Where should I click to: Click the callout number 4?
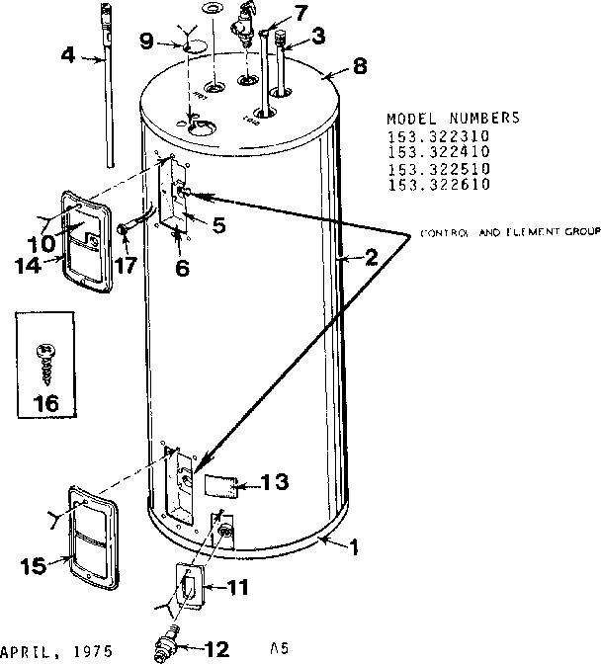coord(67,56)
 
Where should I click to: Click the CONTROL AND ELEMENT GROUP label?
coord(510,233)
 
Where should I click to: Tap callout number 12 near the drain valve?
coord(215,649)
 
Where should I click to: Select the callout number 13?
coord(276,482)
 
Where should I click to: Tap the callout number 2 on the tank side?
coord(370,259)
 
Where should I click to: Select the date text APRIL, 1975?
coord(55,652)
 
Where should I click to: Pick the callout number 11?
coord(240,587)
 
